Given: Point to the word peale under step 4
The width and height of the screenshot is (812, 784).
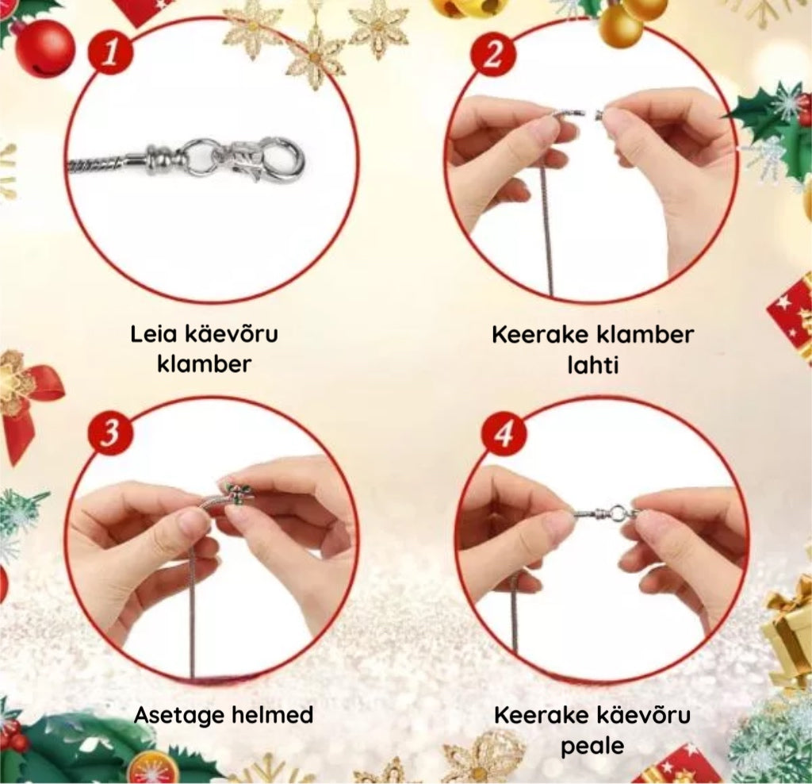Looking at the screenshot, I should [x=592, y=747].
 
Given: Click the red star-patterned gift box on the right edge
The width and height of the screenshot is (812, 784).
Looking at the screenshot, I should [x=792, y=313].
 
